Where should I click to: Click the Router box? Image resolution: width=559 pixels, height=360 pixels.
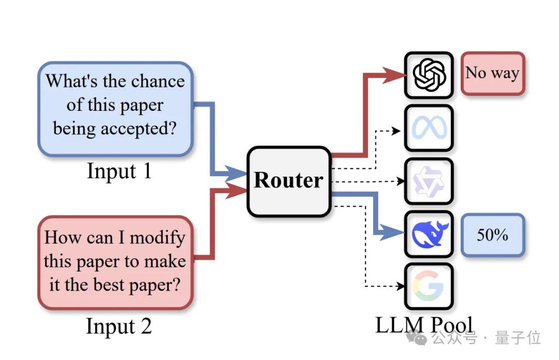tap(288, 181)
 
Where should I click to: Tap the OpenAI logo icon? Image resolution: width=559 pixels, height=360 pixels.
tap(429, 76)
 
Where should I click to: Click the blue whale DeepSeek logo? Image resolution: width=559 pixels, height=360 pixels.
tap(429, 234)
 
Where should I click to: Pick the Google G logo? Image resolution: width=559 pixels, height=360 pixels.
tap(429, 286)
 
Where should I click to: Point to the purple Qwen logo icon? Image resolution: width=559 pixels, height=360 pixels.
tap(429, 181)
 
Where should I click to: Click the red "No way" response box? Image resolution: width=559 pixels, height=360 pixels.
tap(492, 74)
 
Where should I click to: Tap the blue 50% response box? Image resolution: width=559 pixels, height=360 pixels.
tap(492, 235)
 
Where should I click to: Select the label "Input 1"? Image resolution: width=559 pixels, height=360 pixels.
tap(119, 171)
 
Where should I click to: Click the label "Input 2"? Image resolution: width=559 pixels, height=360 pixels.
tap(119, 326)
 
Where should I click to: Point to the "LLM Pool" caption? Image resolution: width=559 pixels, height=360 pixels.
tap(424, 325)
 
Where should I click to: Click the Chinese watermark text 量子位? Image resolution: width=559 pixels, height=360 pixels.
tap(518, 338)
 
